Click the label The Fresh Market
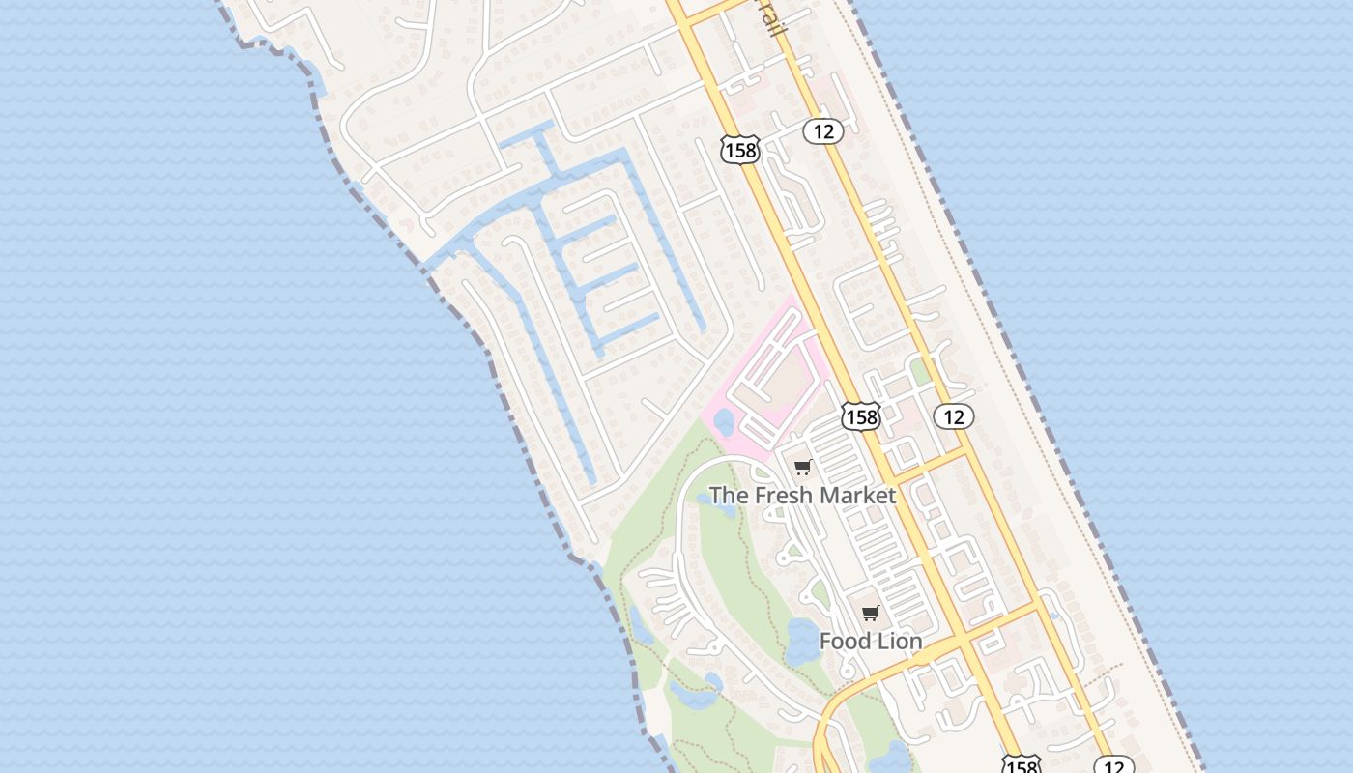802,496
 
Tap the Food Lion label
870,641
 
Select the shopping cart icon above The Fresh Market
802,469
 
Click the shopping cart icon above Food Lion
870,614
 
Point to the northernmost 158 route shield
739,150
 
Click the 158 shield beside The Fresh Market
860,416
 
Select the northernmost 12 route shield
822,130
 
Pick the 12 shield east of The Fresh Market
954,416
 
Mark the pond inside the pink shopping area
724,422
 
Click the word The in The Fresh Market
729,496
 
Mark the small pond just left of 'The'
703,500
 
